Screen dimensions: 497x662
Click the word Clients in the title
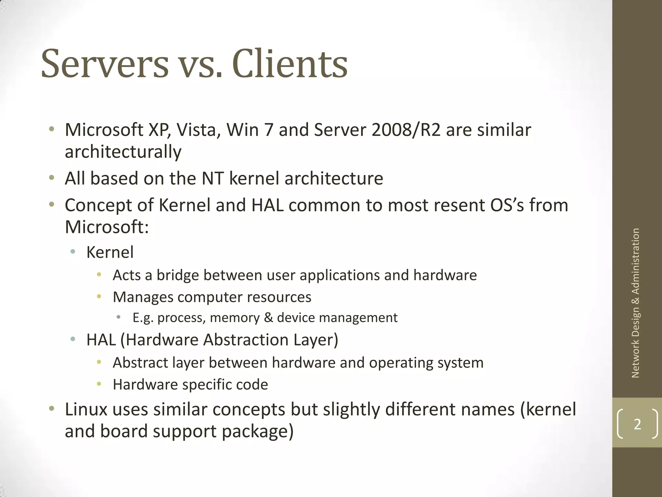(x=290, y=64)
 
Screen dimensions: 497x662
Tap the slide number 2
(x=637, y=424)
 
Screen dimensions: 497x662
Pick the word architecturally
(x=123, y=152)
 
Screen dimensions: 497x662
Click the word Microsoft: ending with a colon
(x=107, y=227)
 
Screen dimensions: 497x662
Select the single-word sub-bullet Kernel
(x=110, y=252)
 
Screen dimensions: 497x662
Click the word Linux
(x=86, y=409)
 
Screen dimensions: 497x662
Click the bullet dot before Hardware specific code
(x=99, y=384)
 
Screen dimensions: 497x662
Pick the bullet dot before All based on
(x=51, y=178)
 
